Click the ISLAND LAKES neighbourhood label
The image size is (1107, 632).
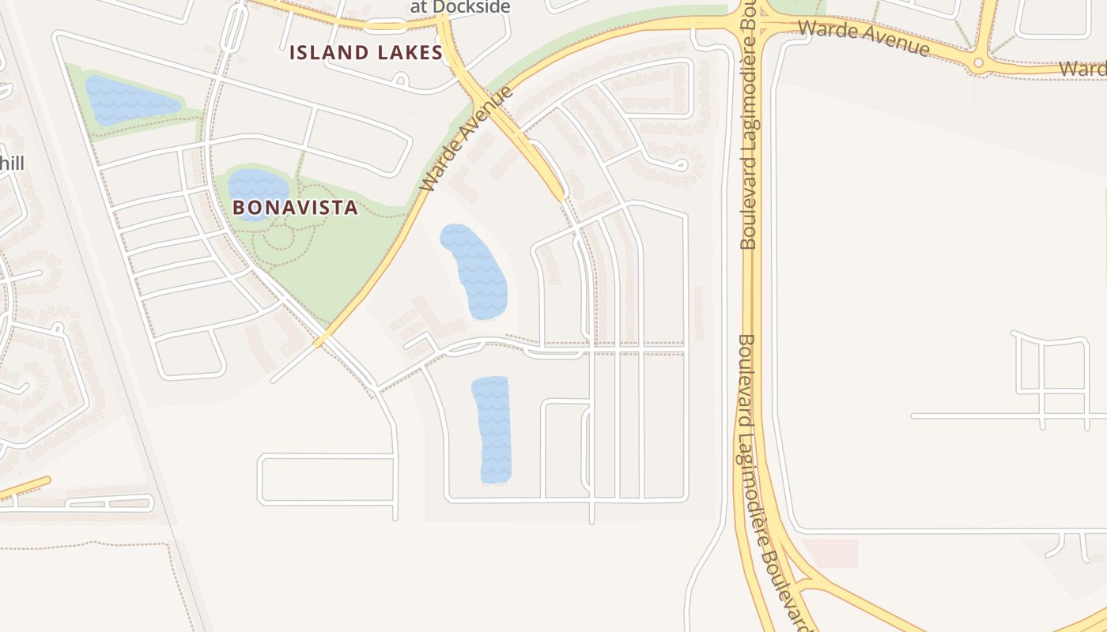coord(365,53)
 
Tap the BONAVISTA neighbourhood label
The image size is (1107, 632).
coord(295,208)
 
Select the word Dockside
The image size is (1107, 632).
coord(471,7)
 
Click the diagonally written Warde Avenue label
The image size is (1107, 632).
coord(467,141)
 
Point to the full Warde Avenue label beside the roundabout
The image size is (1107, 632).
coord(863,38)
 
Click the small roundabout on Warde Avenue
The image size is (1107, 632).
coord(978,62)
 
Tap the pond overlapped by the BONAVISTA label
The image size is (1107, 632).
coord(258,190)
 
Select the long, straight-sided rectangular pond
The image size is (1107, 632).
coord(492,430)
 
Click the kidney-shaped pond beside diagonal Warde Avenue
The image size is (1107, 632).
coord(474,271)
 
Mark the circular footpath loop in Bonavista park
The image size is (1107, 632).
coord(279,236)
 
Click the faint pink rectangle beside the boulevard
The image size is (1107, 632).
coord(830,553)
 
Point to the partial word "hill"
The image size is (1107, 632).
coord(13,164)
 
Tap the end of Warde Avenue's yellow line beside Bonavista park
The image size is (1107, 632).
coord(319,342)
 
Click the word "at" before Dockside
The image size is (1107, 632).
coord(419,7)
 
